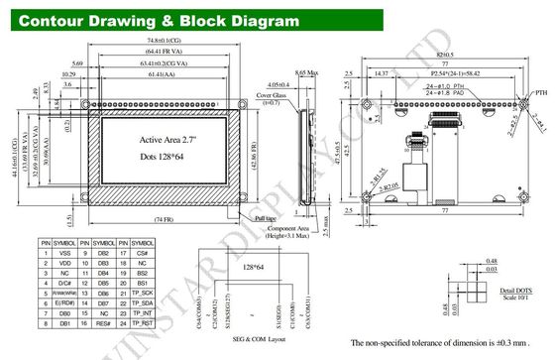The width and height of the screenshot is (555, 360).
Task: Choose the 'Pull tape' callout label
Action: click(x=267, y=217)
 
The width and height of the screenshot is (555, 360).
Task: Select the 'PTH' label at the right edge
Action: click(x=540, y=93)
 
